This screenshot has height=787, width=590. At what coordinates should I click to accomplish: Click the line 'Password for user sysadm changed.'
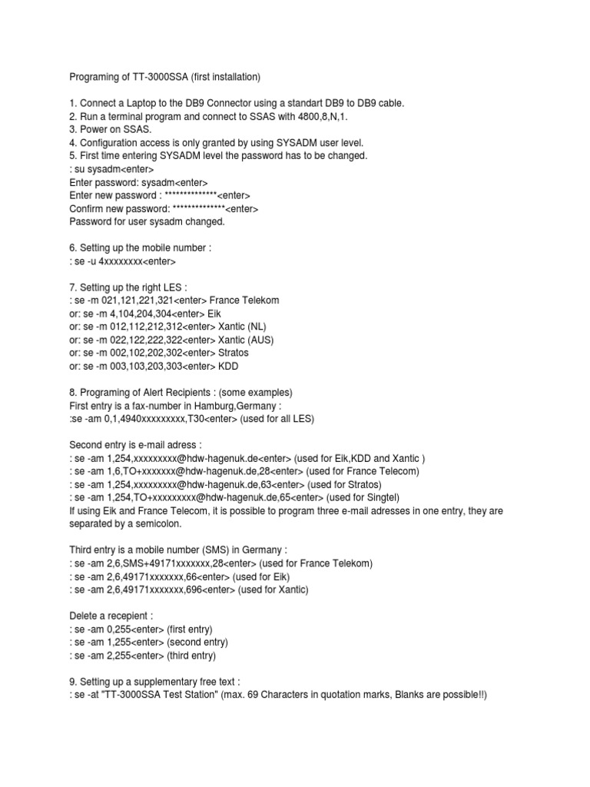(x=147, y=221)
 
